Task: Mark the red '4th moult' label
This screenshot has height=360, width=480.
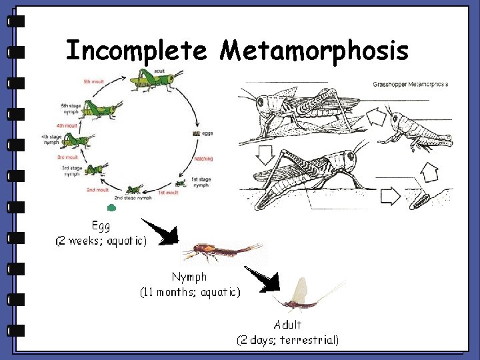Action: click(x=67, y=125)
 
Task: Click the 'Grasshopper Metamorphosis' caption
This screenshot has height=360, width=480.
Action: click(x=409, y=85)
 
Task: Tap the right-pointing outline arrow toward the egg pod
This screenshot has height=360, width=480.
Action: click(x=390, y=196)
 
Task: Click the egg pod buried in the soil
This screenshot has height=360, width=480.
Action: click(x=421, y=199)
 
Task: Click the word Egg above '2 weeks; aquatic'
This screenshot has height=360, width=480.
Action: click(x=101, y=226)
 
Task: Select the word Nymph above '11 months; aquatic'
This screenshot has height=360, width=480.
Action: click(x=189, y=276)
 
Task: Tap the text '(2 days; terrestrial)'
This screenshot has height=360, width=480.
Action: click(x=288, y=340)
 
